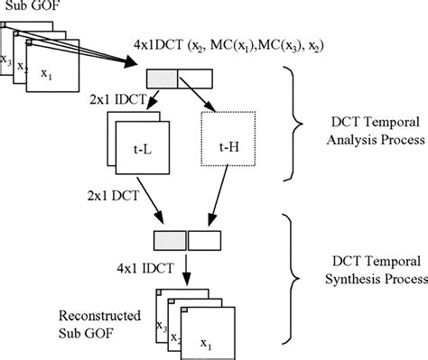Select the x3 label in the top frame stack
[x=8, y=60]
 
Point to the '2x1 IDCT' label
[x=117, y=100]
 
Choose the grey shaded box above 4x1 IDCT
[x=169, y=239]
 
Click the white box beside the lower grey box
[x=202, y=239]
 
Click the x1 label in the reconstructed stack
[x=208, y=342]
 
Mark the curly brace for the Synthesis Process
[x=297, y=280]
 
